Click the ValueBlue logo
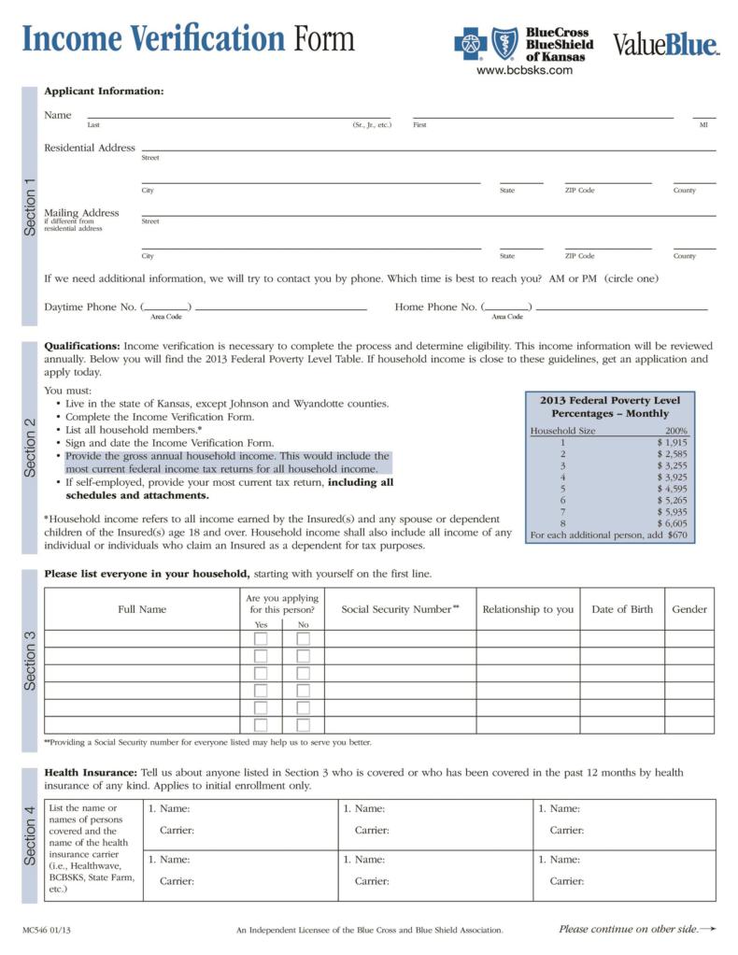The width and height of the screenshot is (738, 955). click(x=665, y=44)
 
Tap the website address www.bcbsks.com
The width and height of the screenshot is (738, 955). click(x=523, y=71)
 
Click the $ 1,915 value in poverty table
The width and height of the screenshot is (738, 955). click(x=672, y=442)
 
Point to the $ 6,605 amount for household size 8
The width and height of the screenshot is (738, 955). click(x=672, y=523)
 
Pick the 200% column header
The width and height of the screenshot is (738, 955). click(x=675, y=431)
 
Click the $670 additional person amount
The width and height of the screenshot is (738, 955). click(x=677, y=535)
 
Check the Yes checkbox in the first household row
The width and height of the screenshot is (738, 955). click(x=261, y=639)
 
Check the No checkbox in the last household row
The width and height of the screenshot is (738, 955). click(x=303, y=725)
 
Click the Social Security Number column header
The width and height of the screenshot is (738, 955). click(x=400, y=609)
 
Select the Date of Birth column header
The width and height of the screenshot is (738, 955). click(x=622, y=609)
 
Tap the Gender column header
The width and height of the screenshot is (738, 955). click(x=689, y=609)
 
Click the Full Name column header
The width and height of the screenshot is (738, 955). click(x=142, y=609)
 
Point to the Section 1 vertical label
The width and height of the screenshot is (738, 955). click(x=30, y=207)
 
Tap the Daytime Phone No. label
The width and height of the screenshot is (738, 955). click(x=90, y=306)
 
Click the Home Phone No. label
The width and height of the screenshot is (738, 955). click(x=436, y=306)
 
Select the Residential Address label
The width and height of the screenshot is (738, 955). click(x=90, y=148)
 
